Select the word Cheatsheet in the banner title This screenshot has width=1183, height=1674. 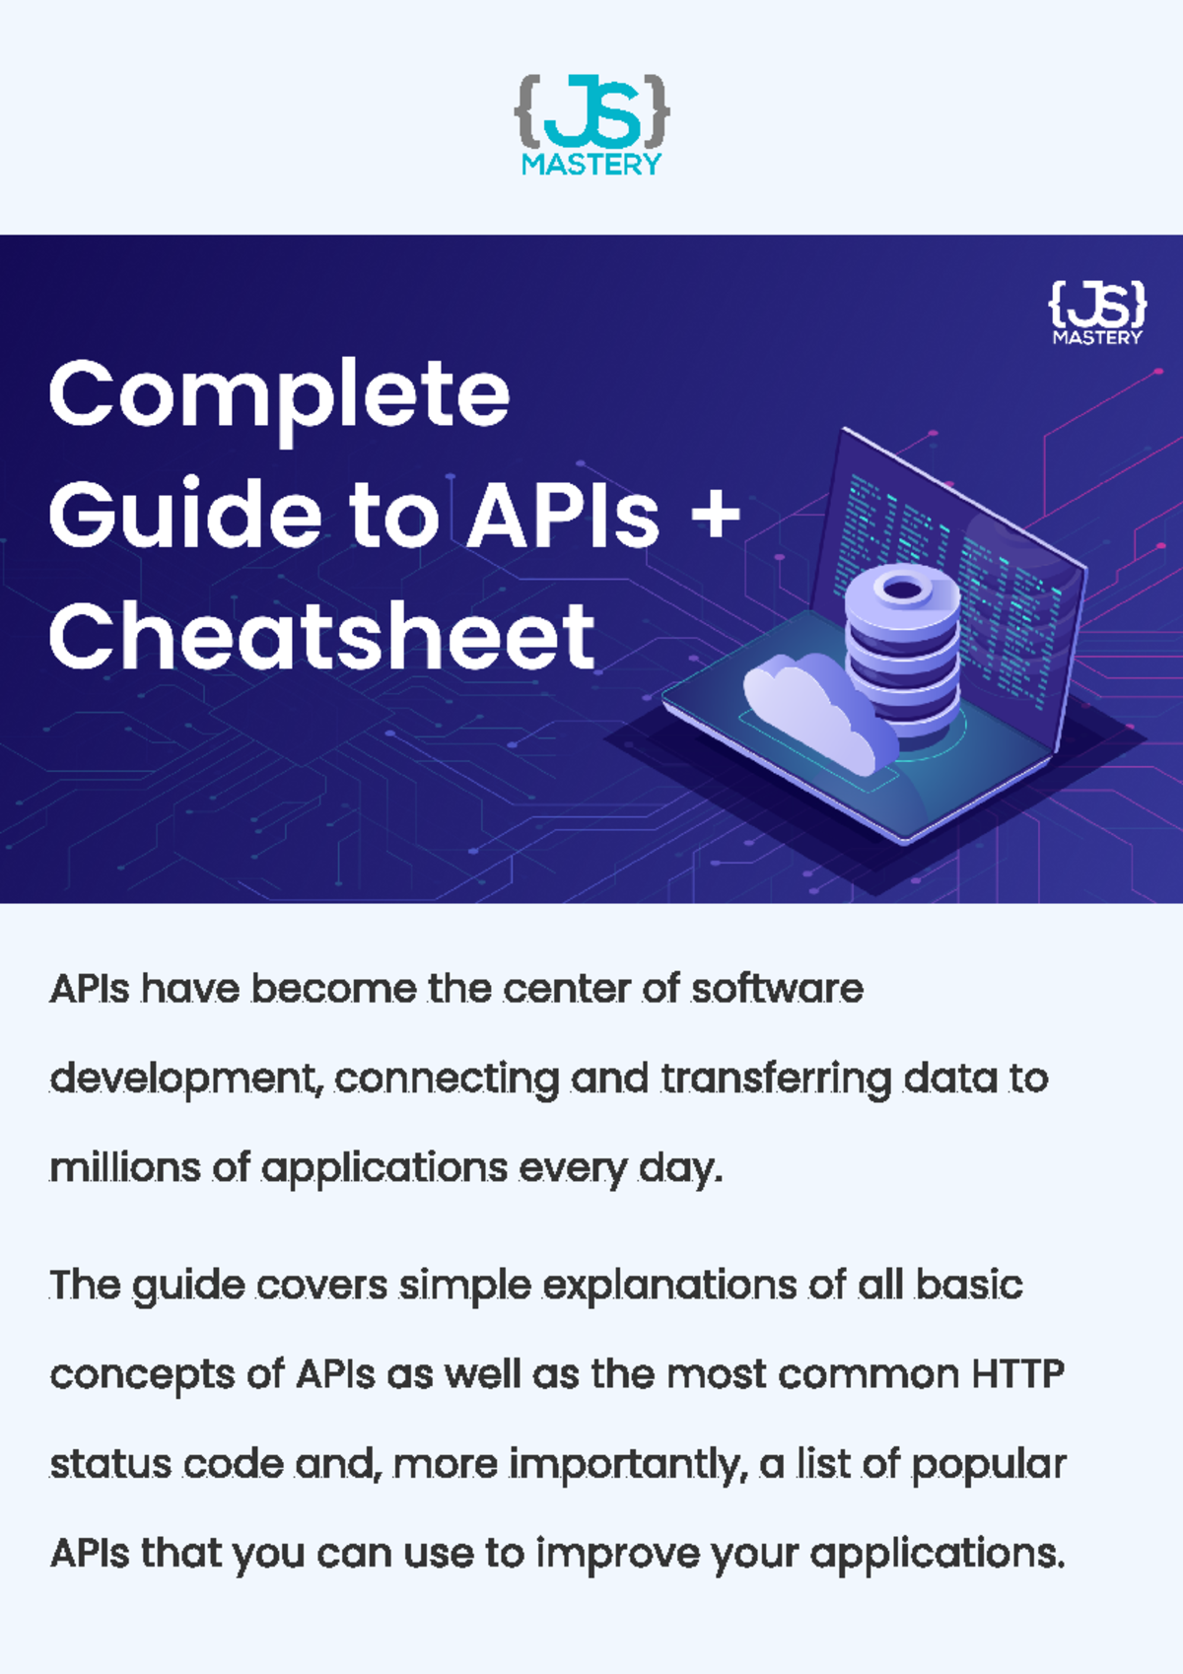click(321, 638)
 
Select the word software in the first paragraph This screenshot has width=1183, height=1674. click(776, 988)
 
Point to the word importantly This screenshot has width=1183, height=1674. click(623, 1465)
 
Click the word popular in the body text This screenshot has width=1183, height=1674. click(988, 1465)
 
